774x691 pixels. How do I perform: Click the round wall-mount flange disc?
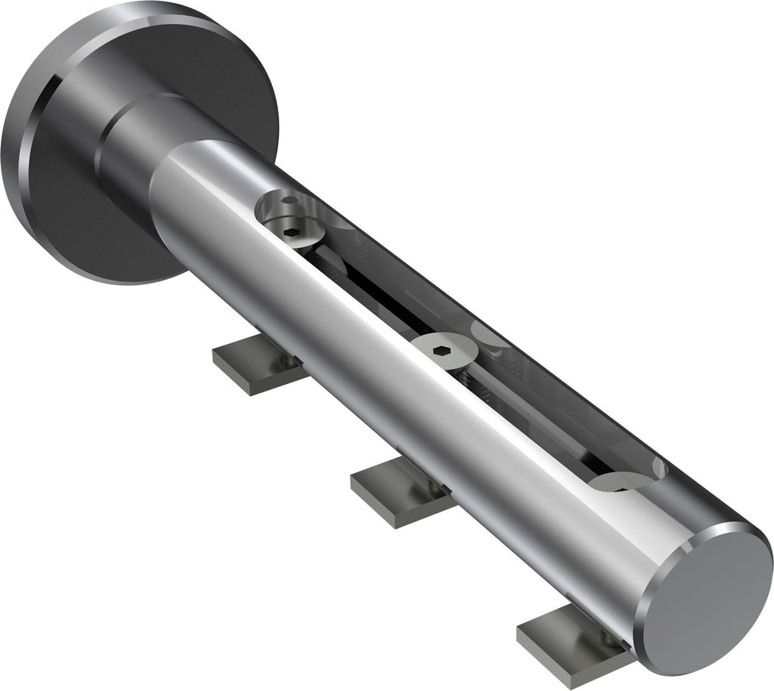click(x=68, y=189)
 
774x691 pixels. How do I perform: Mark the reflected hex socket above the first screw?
click(x=290, y=203)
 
